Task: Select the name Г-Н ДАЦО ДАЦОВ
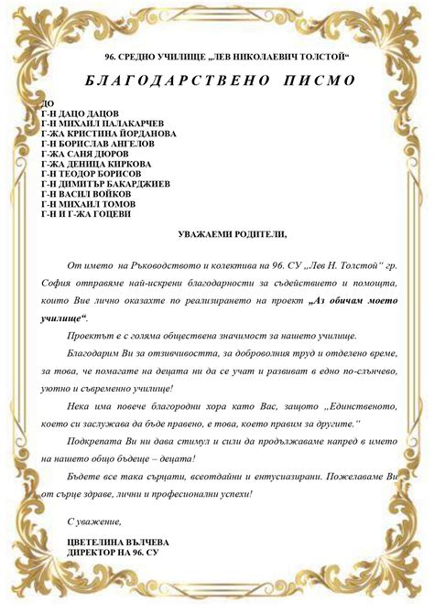(x=80, y=113)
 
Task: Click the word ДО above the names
(x=48, y=103)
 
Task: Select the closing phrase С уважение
(x=94, y=522)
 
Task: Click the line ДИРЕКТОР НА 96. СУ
(x=113, y=552)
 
